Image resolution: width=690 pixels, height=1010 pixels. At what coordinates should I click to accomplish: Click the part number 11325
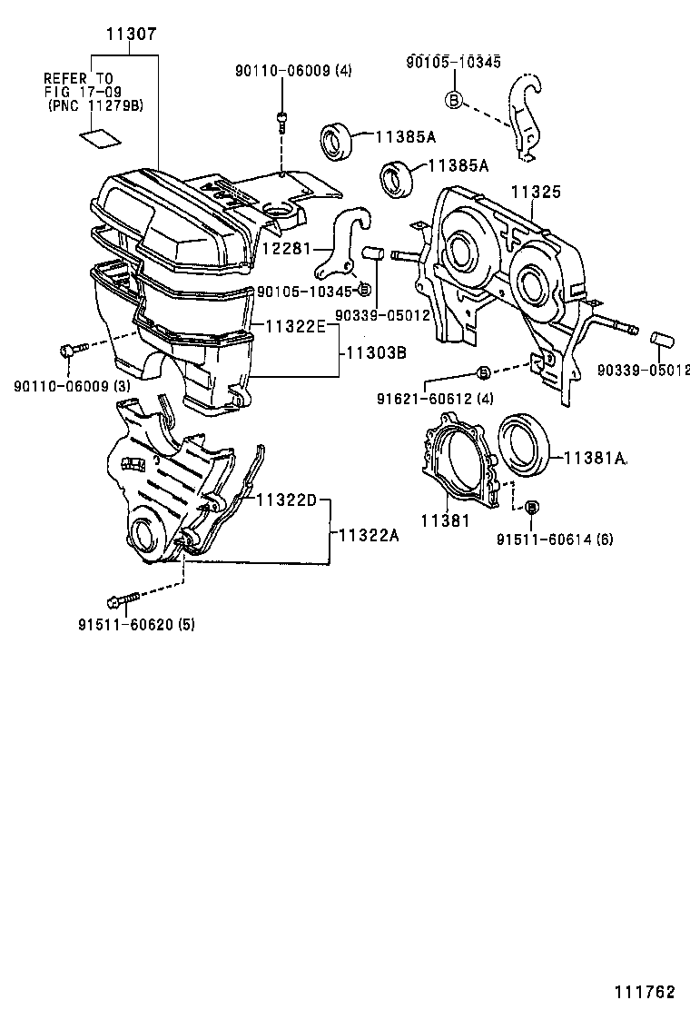(535, 193)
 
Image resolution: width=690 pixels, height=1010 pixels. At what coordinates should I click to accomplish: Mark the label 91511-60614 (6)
(555, 539)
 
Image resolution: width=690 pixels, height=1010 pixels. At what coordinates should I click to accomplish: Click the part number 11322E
(295, 326)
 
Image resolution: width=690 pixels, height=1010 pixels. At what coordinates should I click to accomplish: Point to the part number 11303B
(375, 352)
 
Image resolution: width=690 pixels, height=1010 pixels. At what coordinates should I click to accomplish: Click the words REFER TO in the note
(79, 79)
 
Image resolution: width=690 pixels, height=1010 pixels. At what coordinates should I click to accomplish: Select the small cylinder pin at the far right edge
(663, 344)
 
